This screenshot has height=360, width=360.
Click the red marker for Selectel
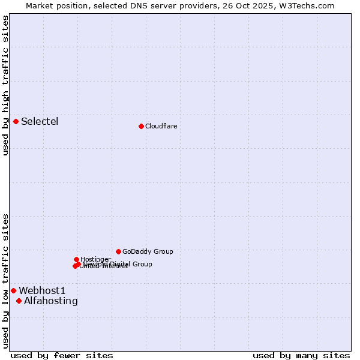tap(16, 122)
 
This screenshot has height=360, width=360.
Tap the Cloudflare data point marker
tap(141, 126)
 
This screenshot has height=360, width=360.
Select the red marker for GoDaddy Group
tap(118, 251)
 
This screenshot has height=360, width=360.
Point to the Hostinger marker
tap(76, 259)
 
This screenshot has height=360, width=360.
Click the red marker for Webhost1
tap(13, 290)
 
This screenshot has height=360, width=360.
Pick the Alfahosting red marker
tap(19, 301)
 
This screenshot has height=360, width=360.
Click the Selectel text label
tap(40, 122)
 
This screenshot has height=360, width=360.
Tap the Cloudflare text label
tap(161, 126)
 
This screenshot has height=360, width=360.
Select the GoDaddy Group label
tap(148, 251)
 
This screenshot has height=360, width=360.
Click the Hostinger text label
tap(95, 259)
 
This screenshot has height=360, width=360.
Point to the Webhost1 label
tap(42, 290)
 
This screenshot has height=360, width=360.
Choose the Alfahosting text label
tap(51, 301)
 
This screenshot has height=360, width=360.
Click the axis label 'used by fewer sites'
tap(62, 355)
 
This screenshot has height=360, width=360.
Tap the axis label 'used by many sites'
tap(301, 355)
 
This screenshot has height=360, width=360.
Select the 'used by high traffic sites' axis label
tap(5, 85)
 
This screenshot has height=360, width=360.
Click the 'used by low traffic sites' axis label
tap(5, 281)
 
